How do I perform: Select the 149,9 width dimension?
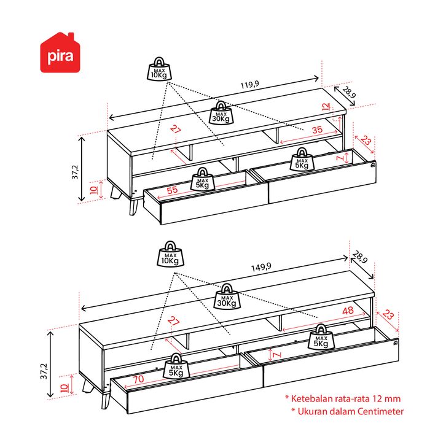click(x=261, y=267)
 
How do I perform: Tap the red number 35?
click(x=317, y=130)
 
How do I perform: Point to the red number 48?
click(x=348, y=311)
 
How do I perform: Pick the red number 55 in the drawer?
click(x=172, y=191)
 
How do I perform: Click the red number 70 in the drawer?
click(x=138, y=379)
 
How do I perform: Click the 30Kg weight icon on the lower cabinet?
click(x=227, y=297)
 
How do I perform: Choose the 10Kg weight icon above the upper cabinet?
click(x=160, y=69)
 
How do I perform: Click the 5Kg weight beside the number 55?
click(x=203, y=179)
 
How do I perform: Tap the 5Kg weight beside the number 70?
click(x=176, y=366)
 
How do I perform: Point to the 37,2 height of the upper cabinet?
click(x=76, y=172)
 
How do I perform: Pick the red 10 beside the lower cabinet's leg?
click(x=63, y=388)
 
